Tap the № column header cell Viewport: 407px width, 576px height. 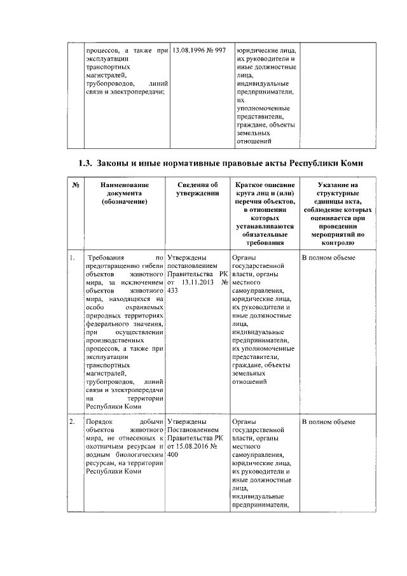(74, 185)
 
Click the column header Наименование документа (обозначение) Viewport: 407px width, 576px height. (124, 193)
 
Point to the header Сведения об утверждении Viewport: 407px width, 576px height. (198, 189)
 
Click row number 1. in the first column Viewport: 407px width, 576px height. (73, 258)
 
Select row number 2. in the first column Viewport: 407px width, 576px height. (73, 422)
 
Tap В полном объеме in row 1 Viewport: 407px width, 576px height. (328, 258)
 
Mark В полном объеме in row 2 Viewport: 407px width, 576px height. (328, 422)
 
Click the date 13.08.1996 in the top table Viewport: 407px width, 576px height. (184, 50)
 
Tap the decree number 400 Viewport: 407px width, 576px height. (172, 455)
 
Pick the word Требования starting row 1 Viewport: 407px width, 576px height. (104, 258)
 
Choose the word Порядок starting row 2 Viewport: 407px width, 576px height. (99, 422)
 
